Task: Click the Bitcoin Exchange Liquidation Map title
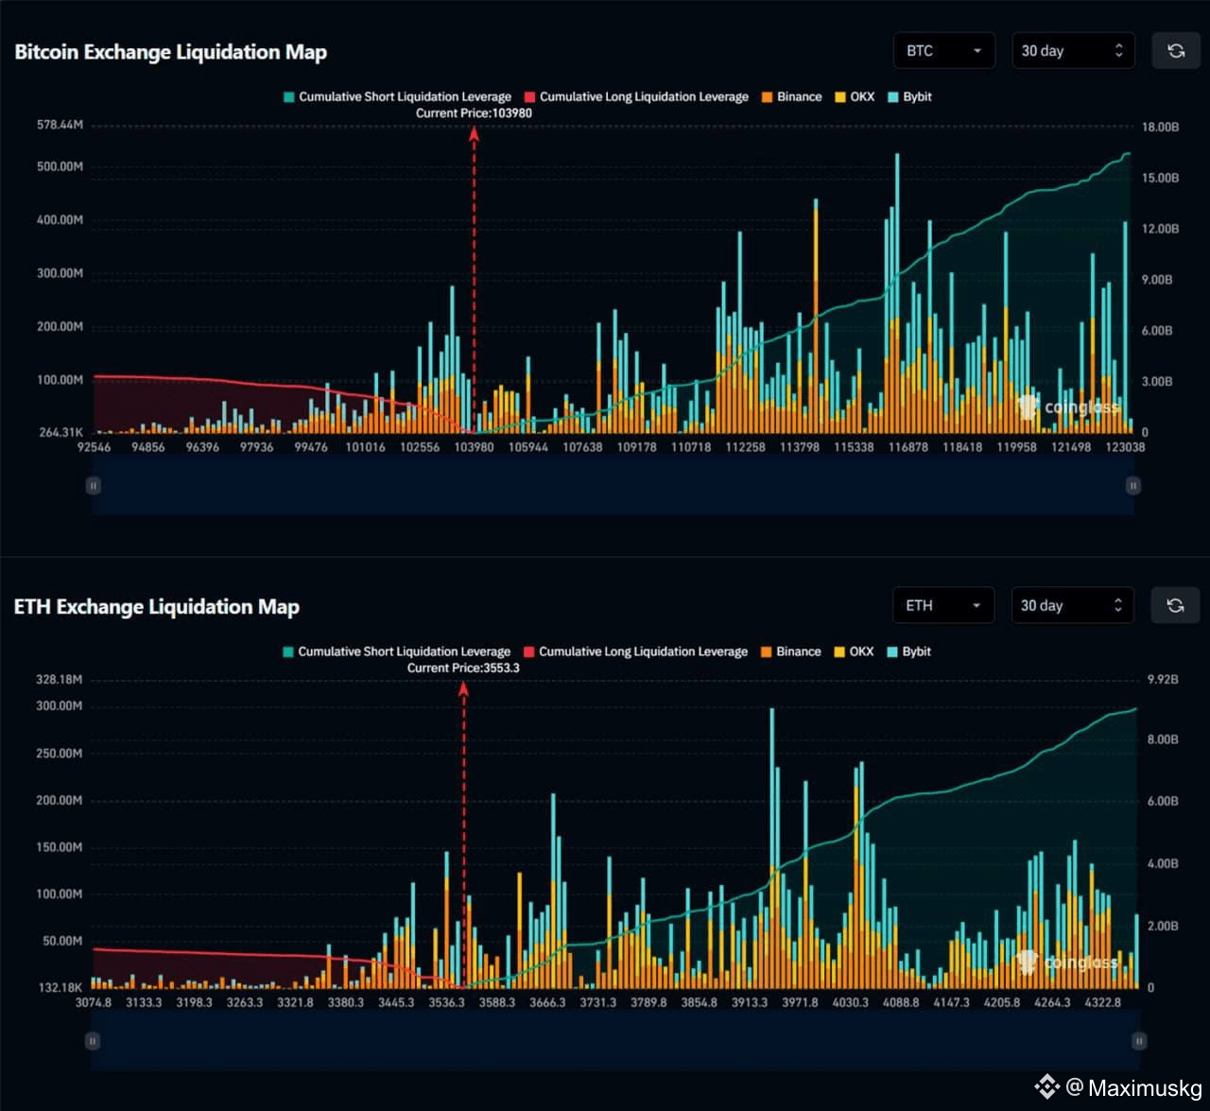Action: click(171, 52)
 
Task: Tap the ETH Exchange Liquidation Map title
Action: click(157, 606)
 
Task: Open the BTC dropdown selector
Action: click(944, 51)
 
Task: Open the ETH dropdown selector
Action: click(943, 605)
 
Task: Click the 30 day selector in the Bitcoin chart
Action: click(1073, 51)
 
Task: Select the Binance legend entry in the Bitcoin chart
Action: click(792, 97)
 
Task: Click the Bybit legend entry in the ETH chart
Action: click(909, 651)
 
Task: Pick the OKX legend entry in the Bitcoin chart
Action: click(855, 97)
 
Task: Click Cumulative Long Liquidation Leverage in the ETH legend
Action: click(636, 651)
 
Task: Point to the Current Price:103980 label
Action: click(475, 113)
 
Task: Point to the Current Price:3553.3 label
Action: click(463, 668)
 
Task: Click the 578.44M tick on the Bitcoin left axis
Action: click(60, 125)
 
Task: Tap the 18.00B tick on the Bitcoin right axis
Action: click(1160, 127)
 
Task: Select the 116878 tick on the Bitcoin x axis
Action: click(907, 447)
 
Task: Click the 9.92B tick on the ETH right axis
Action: click(1163, 680)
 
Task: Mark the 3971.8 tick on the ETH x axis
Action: click(800, 1002)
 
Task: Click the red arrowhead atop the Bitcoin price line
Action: click(475, 134)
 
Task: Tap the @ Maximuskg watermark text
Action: click(1134, 1087)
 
